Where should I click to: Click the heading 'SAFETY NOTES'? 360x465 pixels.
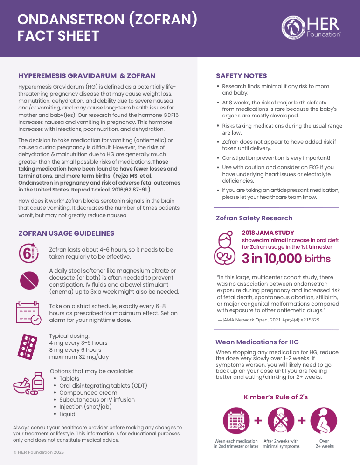pyautogui.click(x=241, y=76)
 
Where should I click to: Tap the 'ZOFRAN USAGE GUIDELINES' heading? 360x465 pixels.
pyautogui.click(x=66, y=233)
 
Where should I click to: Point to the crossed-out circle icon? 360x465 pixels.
pyautogui.click(x=28, y=280)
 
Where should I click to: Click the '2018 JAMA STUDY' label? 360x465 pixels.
pyautogui.click(x=268, y=233)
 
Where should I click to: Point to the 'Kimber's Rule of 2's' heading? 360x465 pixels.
pyautogui.click(x=276, y=397)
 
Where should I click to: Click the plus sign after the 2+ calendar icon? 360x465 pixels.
pyautogui.click(x=258, y=420)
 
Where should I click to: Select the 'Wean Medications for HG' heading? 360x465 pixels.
pyautogui.click(x=257, y=342)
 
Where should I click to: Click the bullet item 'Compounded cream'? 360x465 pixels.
pyautogui.click(x=82, y=393)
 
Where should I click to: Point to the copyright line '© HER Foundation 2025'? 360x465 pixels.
pyautogui.click(x=38, y=452)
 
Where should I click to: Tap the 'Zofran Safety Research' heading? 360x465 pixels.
pyautogui.click(x=254, y=218)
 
